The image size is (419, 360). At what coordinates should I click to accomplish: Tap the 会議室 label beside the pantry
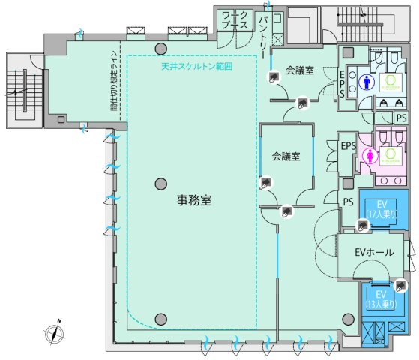(x=300, y=70)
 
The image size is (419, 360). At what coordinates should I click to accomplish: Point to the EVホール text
(x=373, y=253)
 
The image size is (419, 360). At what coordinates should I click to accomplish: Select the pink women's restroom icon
(x=369, y=155)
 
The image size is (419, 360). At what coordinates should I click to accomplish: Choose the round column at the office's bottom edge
(x=160, y=319)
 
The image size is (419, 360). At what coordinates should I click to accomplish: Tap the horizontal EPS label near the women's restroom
(x=348, y=146)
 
